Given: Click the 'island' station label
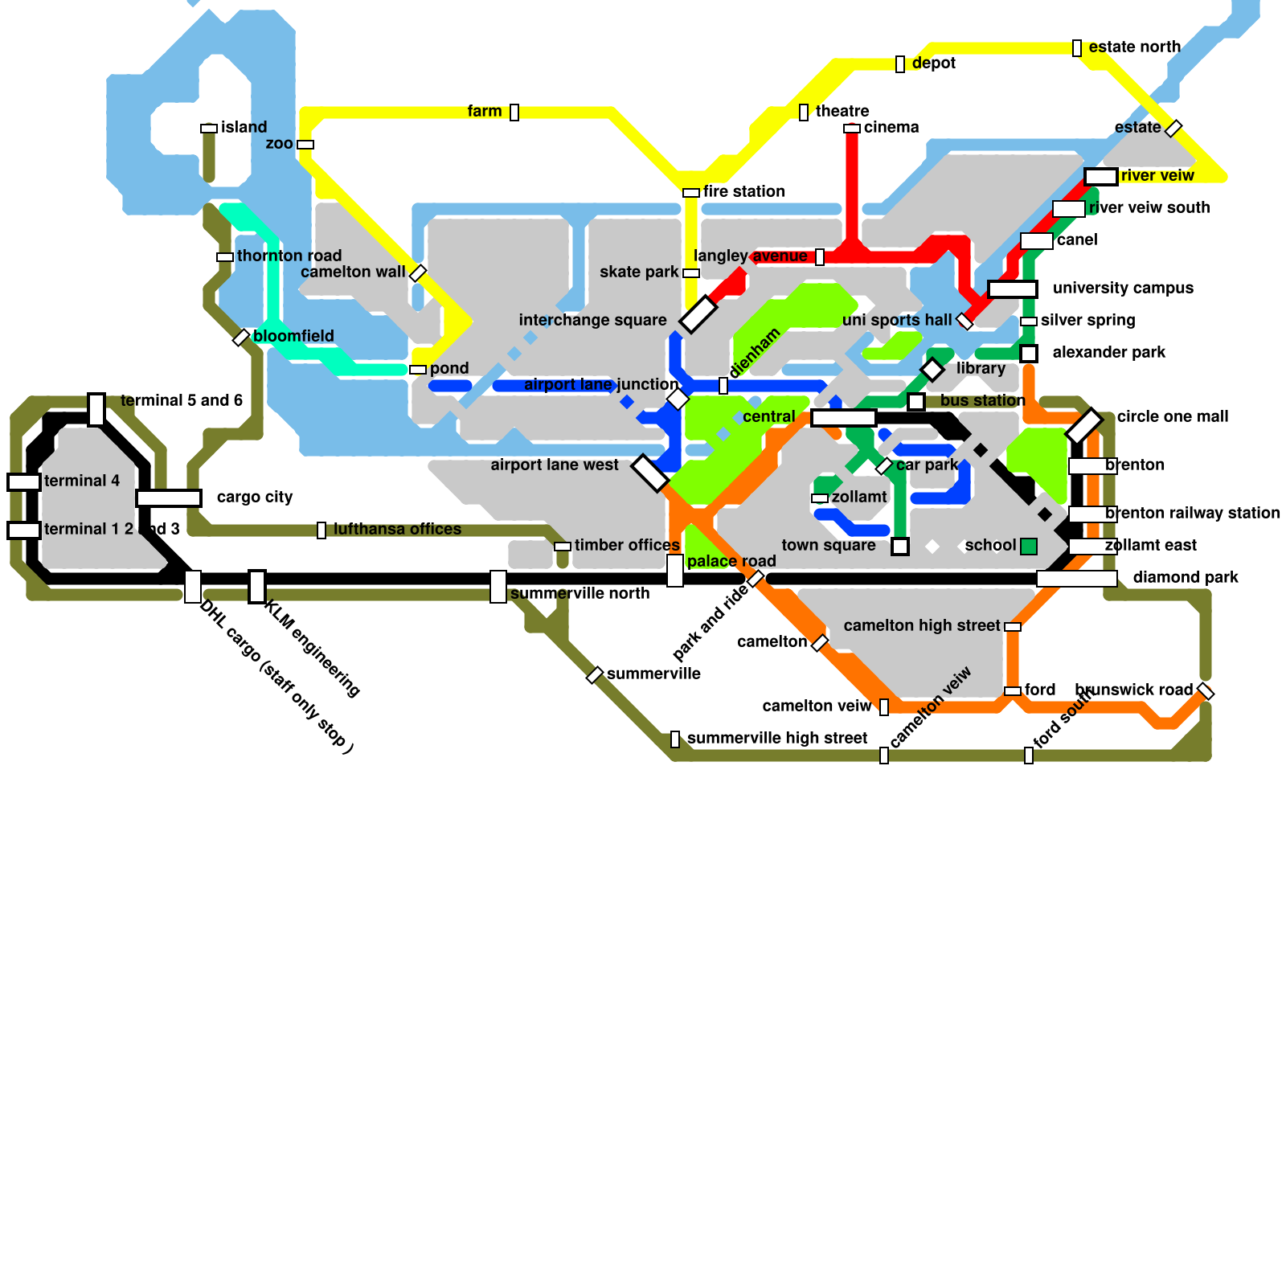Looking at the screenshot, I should [x=244, y=127].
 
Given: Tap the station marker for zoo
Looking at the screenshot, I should [x=305, y=145].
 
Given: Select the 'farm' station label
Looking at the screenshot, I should [x=484, y=111].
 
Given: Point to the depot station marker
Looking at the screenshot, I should [x=900, y=64].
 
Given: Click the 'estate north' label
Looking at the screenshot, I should [x=1134, y=47].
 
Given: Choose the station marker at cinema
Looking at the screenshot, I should [x=852, y=129].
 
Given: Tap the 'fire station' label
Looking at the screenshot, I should [x=743, y=191].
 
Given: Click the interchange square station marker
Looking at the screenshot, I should [x=698, y=313].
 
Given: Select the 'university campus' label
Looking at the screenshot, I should [x=1123, y=288].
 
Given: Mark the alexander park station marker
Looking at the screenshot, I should [x=1029, y=354].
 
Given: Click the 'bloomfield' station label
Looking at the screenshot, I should [x=293, y=336].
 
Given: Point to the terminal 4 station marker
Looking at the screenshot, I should [x=24, y=482].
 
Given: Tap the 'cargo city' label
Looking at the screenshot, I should [x=255, y=497].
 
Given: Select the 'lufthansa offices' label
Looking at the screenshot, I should [x=397, y=529].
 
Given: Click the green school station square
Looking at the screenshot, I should [x=1029, y=547].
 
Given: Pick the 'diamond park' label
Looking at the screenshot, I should [x=1185, y=577].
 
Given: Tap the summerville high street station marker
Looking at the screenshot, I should [x=675, y=739].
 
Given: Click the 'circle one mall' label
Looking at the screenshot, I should [x=1172, y=416].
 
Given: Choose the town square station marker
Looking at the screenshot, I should [x=900, y=547].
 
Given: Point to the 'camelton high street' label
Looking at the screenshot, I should [x=921, y=625].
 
